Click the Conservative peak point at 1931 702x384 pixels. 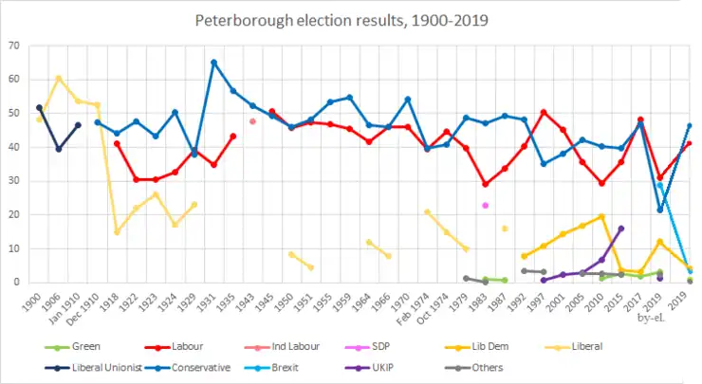coord(213,63)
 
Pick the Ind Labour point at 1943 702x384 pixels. coord(252,121)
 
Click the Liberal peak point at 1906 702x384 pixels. coord(59,78)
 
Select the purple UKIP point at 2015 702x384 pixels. coord(621,229)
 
